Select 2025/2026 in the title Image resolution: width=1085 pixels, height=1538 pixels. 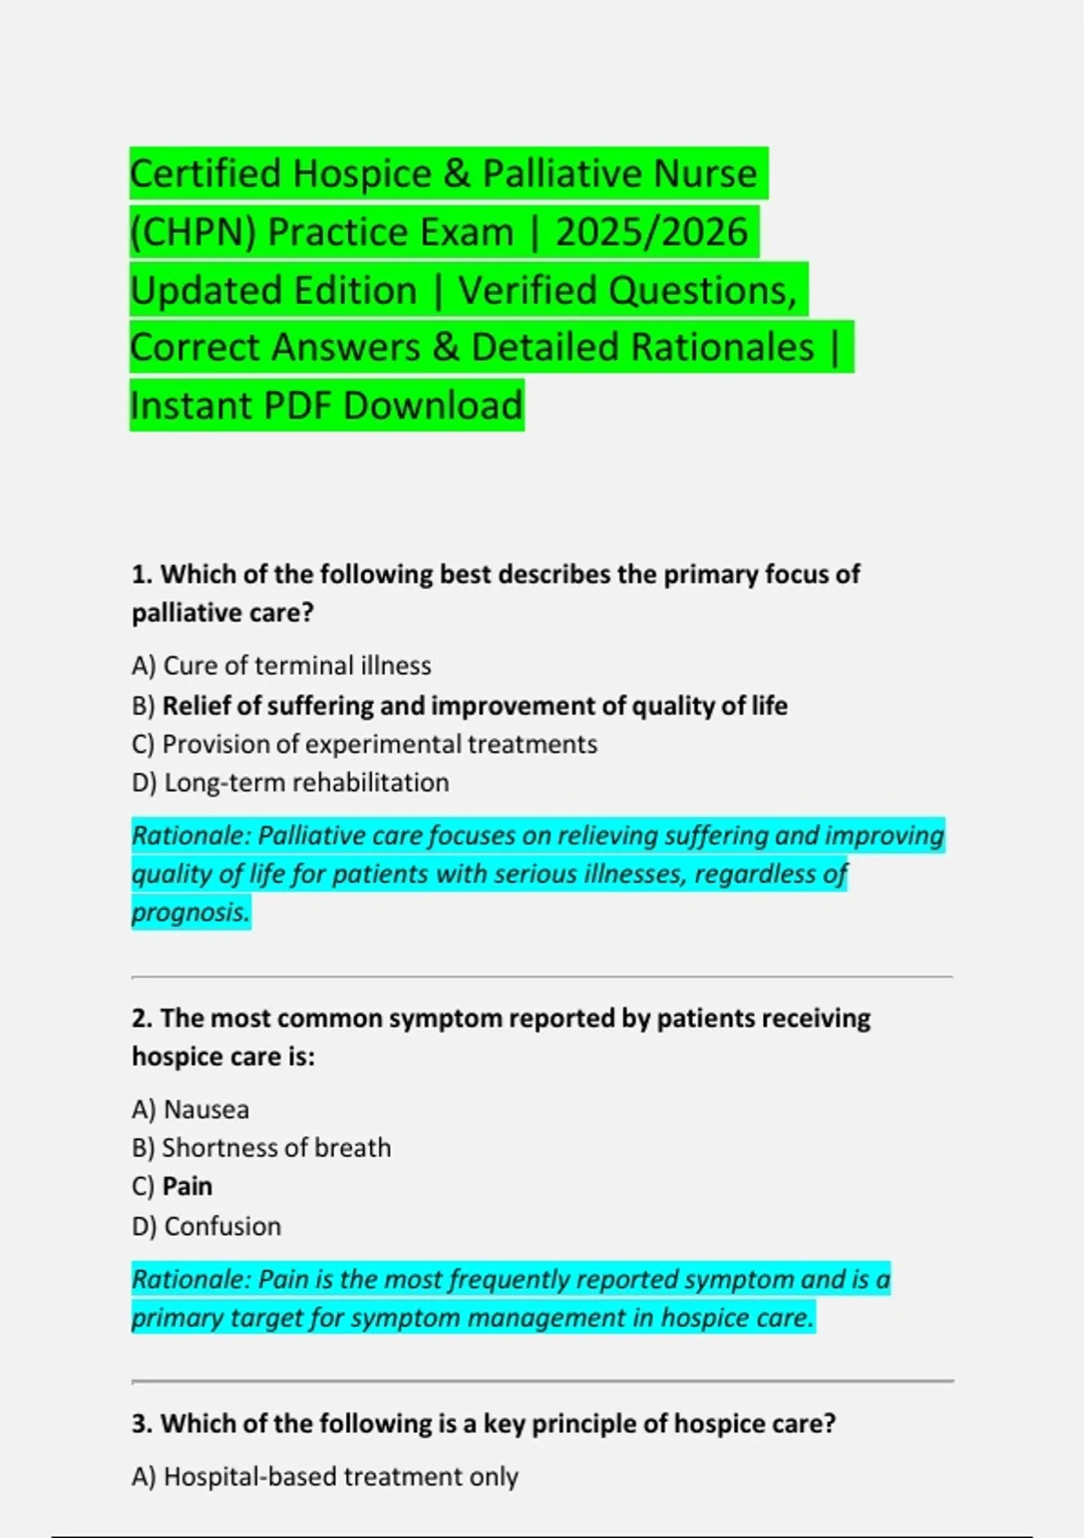[x=652, y=232]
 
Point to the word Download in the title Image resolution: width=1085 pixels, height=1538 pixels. [x=433, y=405]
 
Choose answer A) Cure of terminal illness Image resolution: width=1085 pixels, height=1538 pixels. [x=281, y=666]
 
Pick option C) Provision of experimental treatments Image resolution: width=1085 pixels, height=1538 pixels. [x=364, y=744]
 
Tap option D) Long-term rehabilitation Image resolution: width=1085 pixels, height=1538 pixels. [x=290, y=783]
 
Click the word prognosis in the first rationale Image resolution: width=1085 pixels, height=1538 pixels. [x=190, y=912]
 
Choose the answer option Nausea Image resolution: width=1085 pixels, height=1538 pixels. [x=206, y=1109]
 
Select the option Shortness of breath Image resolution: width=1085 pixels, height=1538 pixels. [x=276, y=1147]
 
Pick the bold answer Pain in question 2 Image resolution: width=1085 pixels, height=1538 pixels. [x=187, y=1186]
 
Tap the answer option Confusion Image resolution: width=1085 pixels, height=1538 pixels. [x=222, y=1226]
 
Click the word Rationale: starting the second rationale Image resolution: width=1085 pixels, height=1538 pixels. [x=191, y=1279]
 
